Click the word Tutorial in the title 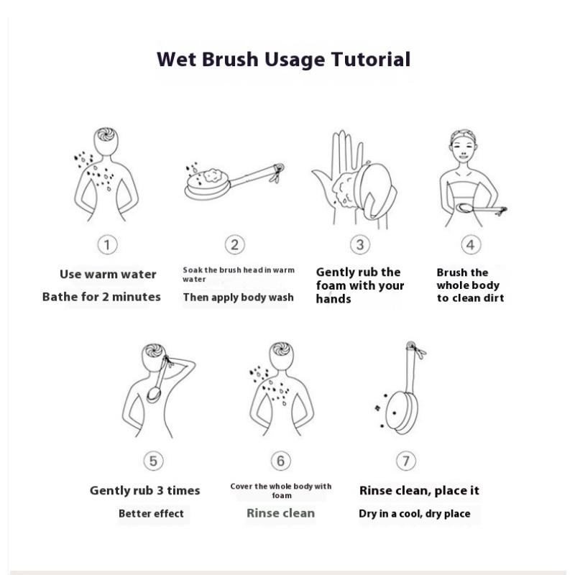click(x=371, y=59)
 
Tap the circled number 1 click(x=107, y=244)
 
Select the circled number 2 click(x=235, y=244)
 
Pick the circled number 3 click(x=360, y=244)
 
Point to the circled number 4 click(x=471, y=244)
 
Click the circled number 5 click(x=153, y=461)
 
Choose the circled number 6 click(x=281, y=461)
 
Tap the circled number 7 click(x=406, y=461)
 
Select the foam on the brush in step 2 click(x=211, y=175)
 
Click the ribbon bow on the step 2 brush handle click(x=277, y=172)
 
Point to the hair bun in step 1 click(x=106, y=134)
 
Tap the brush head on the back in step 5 click(x=154, y=394)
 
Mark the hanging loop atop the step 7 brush click(x=415, y=349)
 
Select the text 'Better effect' click(x=151, y=513)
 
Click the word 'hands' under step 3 click(x=333, y=299)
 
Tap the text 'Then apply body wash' click(x=239, y=298)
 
